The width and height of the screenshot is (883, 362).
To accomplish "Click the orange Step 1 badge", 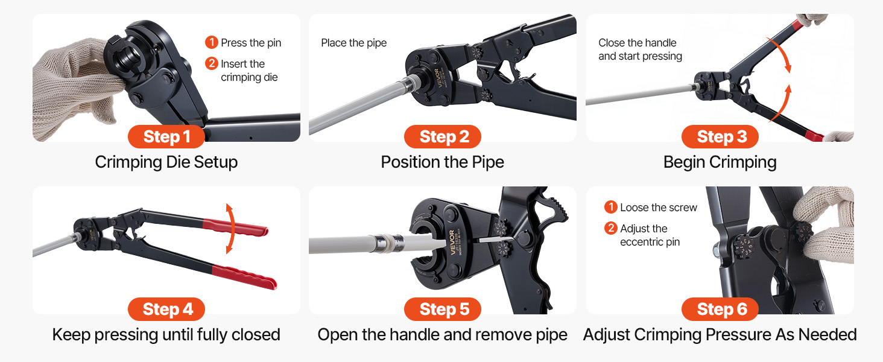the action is tap(166, 137).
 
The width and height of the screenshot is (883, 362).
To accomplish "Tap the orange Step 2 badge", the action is tap(443, 137).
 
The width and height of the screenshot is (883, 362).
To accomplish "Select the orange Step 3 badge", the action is tap(720, 137).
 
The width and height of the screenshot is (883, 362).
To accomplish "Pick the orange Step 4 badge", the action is tap(166, 309).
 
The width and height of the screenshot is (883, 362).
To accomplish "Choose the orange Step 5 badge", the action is tap(443, 309).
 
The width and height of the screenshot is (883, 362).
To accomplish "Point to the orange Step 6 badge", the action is tap(720, 309).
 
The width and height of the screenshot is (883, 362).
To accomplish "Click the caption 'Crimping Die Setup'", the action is tap(166, 162).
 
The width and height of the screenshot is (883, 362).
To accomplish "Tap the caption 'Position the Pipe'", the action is tap(442, 162).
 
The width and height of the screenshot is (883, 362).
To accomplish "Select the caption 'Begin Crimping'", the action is tap(720, 162).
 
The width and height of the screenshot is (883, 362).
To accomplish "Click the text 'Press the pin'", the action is tap(251, 43).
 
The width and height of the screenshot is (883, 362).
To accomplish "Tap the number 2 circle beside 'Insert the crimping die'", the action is tap(211, 63).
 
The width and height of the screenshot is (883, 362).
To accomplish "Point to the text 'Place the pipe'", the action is tap(353, 43).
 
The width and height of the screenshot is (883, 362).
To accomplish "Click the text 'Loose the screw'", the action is tap(659, 208).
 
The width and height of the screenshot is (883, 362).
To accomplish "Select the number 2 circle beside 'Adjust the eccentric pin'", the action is tap(610, 228).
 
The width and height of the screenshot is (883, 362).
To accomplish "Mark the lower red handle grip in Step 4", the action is tap(244, 276).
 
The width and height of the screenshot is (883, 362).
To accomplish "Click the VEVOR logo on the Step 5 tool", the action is tap(452, 243).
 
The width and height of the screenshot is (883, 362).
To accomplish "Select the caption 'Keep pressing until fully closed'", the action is tap(166, 335).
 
